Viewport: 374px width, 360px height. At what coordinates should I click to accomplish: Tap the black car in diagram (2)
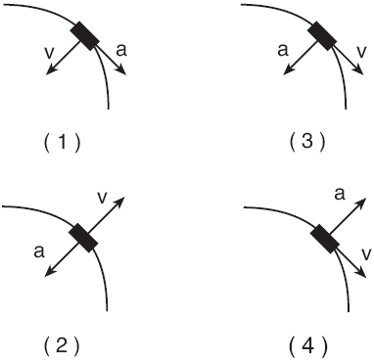pyautogui.click(x=83, y=238)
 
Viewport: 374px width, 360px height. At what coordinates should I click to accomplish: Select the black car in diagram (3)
pyautogui.click(x=322, y=36)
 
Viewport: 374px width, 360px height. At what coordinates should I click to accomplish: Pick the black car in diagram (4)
pyautogui.click(x=323, y=239)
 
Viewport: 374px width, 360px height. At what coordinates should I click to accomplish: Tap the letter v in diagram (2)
pyautogui.click(x=103, y=197)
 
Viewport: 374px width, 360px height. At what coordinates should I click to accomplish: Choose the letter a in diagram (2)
pyautogui.click(x=38, y=250)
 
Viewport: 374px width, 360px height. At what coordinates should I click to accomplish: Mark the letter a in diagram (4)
pyautogui.click(x=339, y=195)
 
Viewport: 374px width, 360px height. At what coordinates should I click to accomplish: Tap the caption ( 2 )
pyautogui.click(x=62, y=343)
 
